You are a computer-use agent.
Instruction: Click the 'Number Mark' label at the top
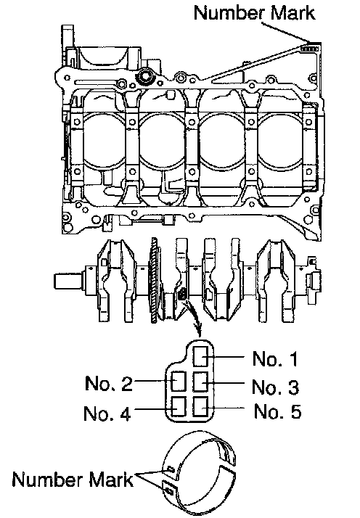tap(254, 13)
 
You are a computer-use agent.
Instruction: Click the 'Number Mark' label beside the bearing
tap(73, 479)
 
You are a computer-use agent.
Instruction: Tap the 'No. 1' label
tap(275, 359)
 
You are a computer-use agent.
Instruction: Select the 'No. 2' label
tap(109, 383)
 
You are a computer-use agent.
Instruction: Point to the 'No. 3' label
tap(275, 387)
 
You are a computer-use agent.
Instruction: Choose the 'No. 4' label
tap(107, 414)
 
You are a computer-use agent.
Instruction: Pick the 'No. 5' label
tap(278, 411)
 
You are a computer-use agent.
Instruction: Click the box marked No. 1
tap(200, 356)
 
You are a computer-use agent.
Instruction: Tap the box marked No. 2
tap(179, 381)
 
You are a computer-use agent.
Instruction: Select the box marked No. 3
tap(200, 381)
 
